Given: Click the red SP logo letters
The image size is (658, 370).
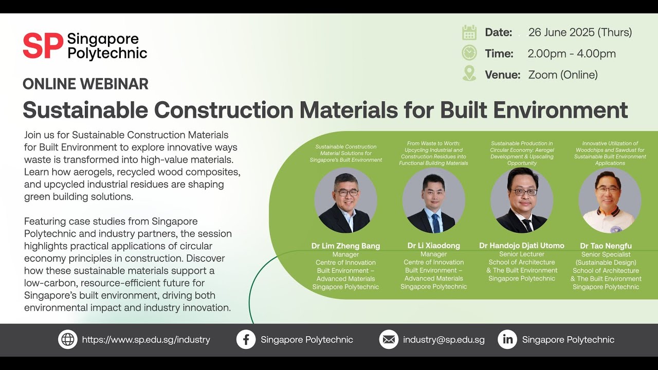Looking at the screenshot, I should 43,46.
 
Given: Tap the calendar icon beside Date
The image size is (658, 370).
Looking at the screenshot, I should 469,32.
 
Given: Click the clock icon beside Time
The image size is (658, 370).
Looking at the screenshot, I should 469,53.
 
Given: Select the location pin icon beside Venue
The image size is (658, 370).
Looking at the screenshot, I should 469,73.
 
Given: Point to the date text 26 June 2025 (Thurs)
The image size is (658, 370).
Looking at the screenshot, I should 580,32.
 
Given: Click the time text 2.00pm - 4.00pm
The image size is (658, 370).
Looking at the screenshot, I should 571,53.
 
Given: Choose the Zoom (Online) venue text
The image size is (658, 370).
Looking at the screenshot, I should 563,75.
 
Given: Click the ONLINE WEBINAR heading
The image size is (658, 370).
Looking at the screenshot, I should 85,84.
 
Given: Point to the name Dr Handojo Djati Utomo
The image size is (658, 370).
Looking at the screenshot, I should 522,246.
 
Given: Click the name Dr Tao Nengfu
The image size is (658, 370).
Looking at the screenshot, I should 606,246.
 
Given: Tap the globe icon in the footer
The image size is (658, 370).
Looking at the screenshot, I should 68,340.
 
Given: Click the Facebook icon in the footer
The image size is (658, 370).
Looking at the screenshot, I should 246,340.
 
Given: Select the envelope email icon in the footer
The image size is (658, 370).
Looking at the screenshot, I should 389,340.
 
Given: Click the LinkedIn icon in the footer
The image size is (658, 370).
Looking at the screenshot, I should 507,340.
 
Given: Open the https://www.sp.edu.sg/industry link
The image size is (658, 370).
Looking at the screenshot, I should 146,340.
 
